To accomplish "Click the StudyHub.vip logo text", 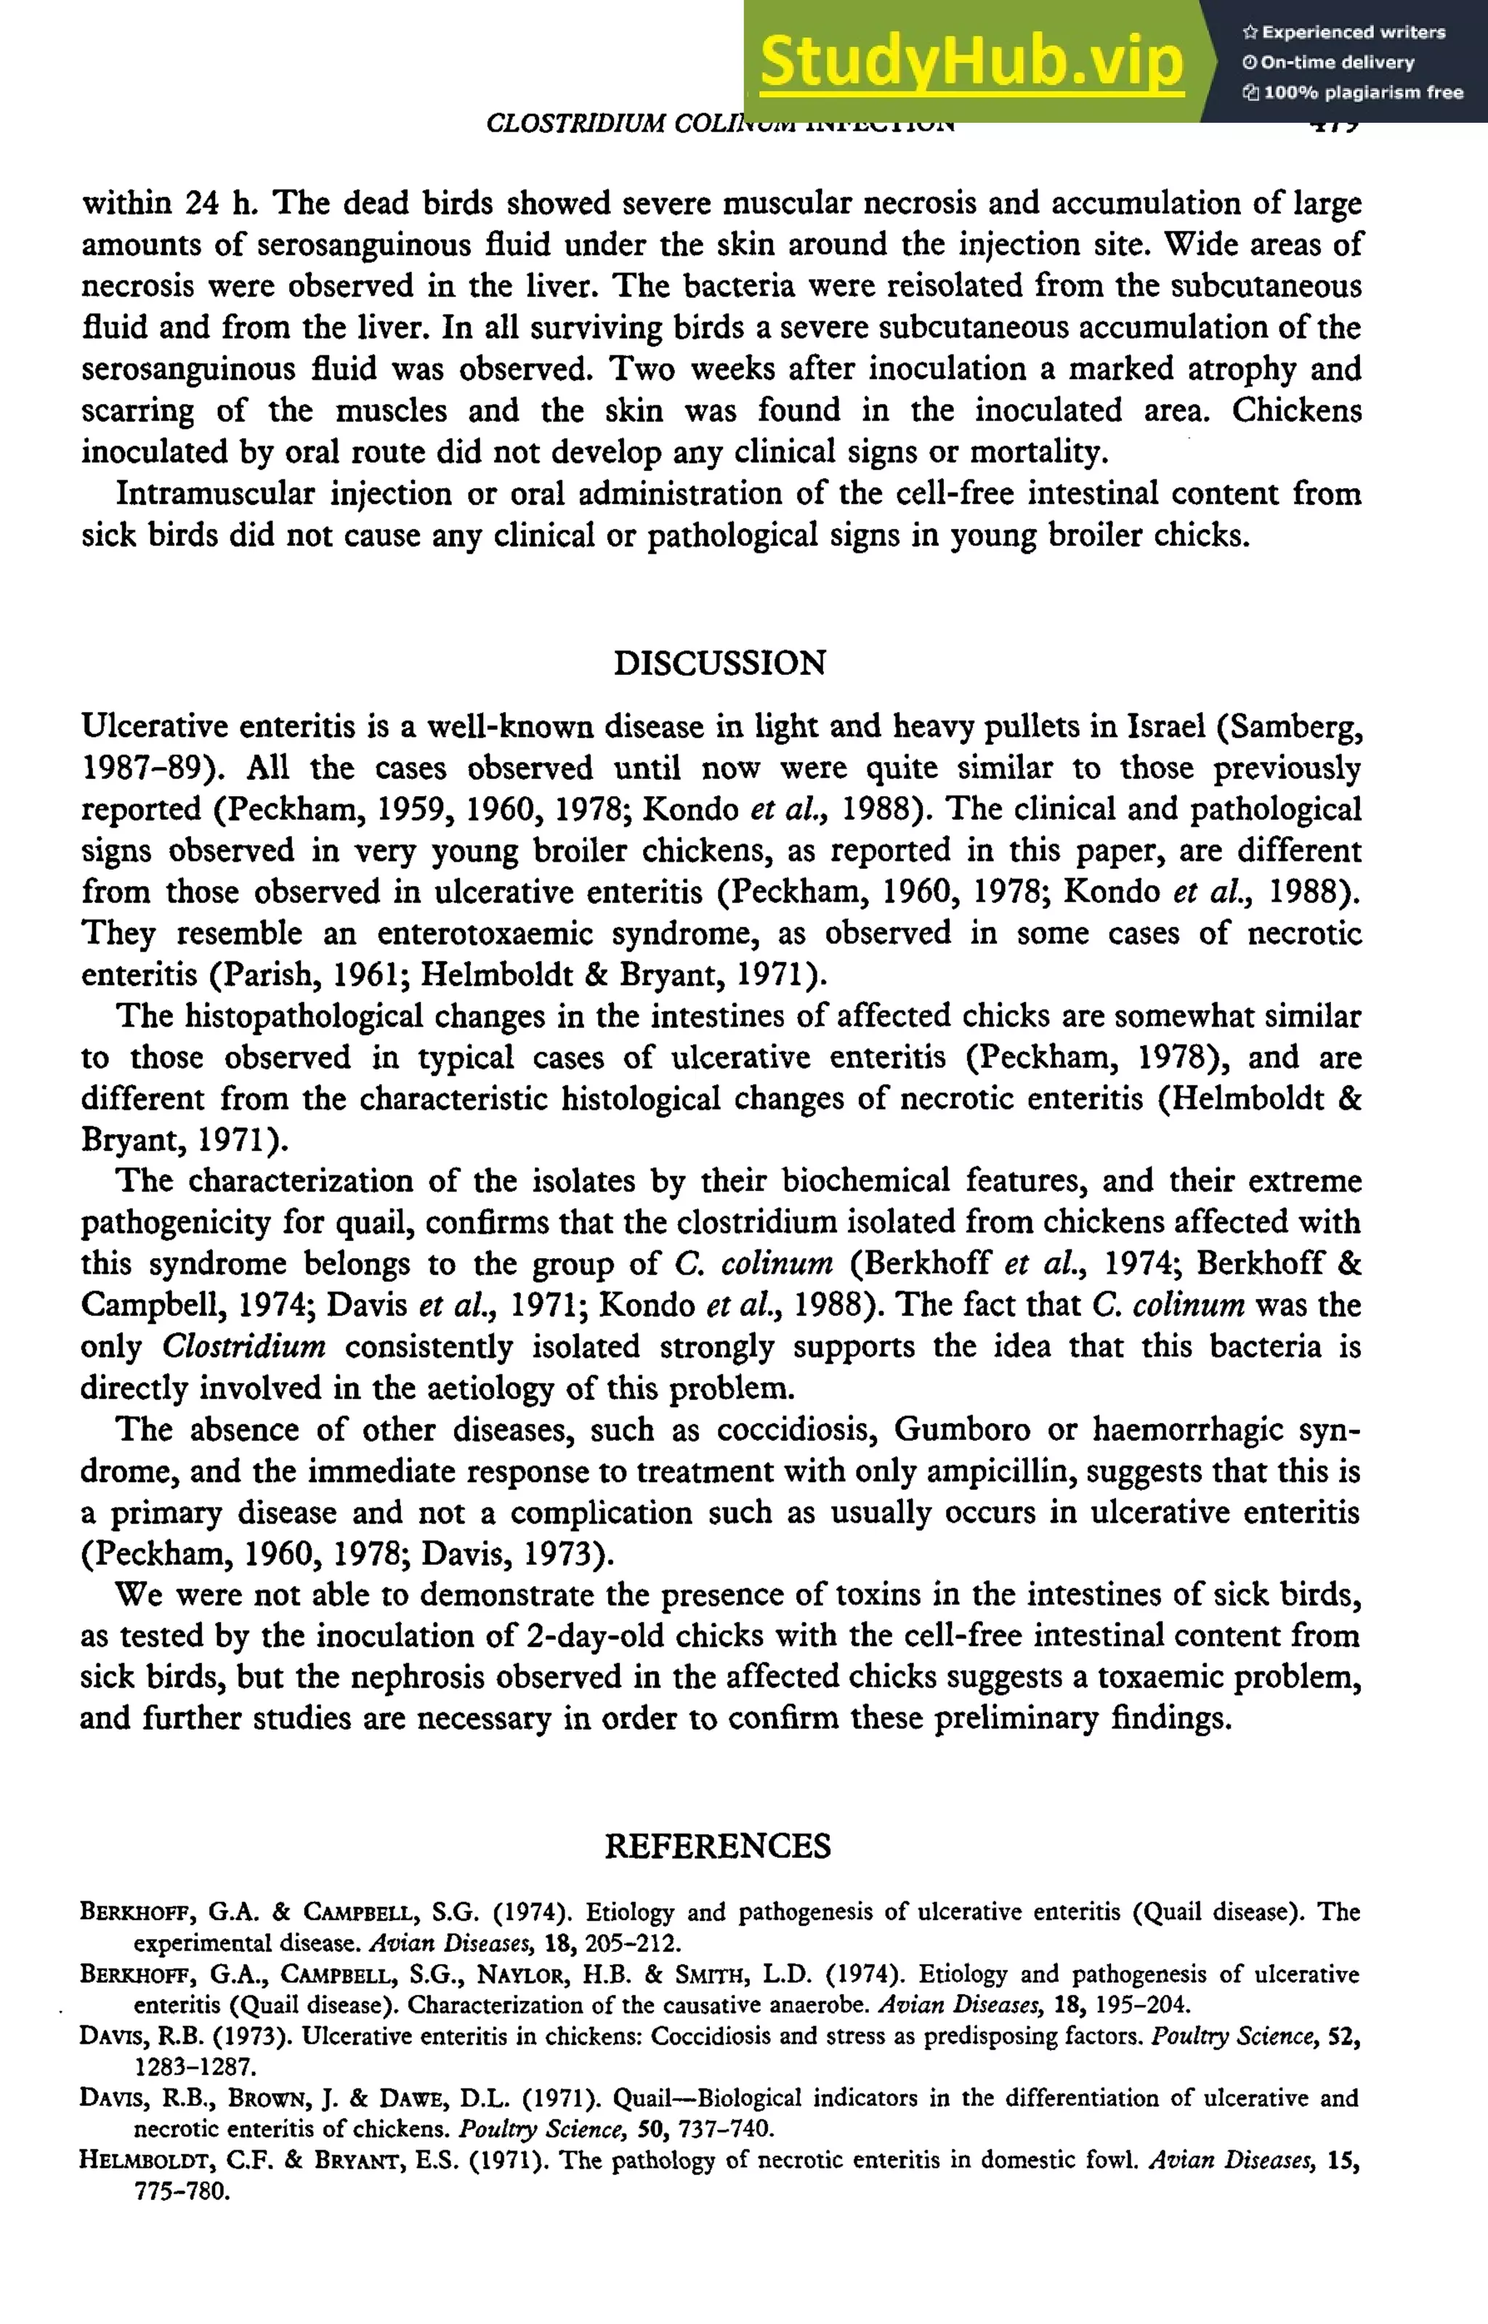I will click(x=971, y=62).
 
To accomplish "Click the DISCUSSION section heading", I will click(x=720, y=663).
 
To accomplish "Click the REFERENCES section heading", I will click(x=718, y=1846).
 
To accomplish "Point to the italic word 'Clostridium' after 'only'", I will click(x=243, y=1346).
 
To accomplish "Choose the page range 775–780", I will click(x=182, y=2191).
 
